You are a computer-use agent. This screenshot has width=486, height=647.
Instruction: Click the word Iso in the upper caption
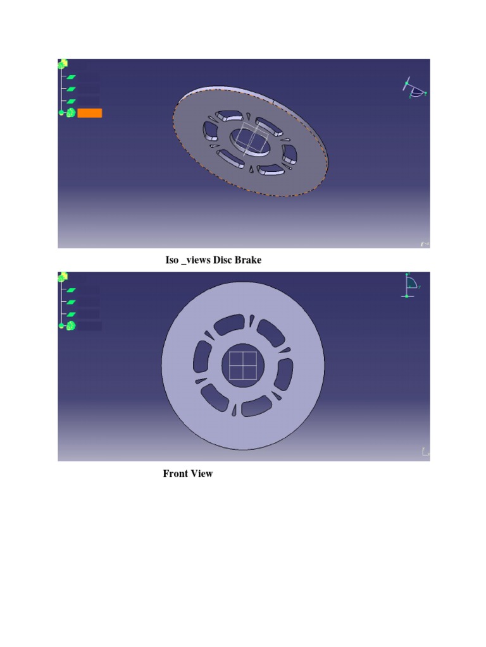172,260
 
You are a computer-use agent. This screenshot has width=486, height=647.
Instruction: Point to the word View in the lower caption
202,473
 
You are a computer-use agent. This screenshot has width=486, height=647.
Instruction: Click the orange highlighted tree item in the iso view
89,113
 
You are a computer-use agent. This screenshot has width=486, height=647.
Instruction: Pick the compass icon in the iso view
415,90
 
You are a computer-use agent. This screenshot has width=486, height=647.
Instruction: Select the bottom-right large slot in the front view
256,406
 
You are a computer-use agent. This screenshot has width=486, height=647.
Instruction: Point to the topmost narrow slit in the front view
252,322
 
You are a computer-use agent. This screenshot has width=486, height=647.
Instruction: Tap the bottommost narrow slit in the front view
235,410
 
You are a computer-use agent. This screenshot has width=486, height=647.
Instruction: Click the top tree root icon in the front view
63,277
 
